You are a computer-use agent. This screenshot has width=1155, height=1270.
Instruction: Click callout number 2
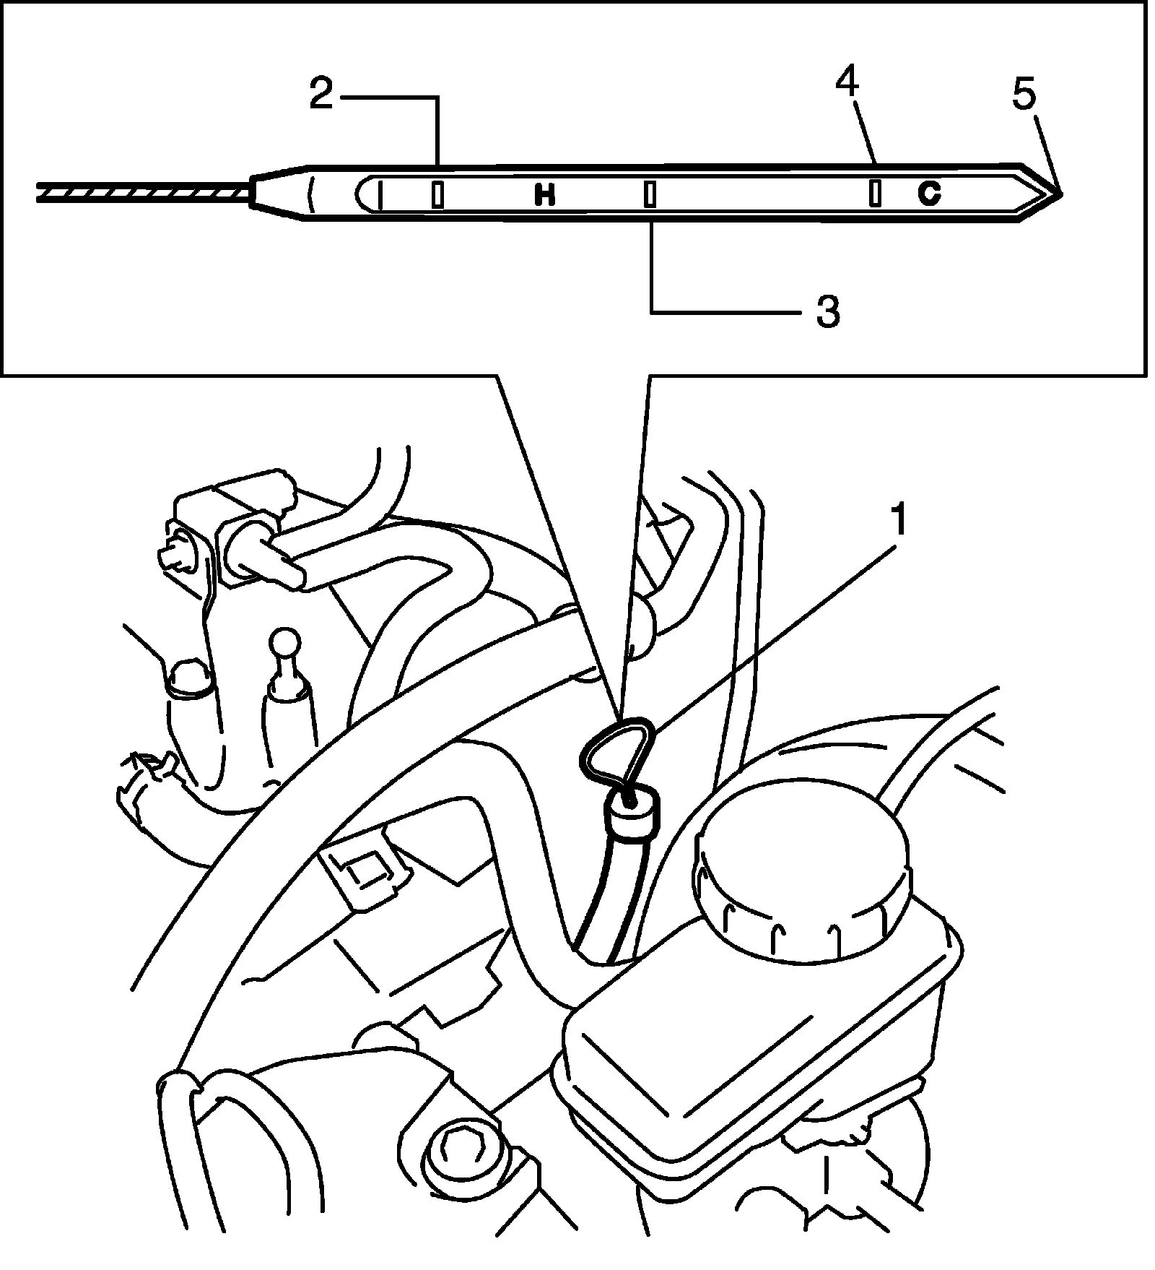coord(321,94)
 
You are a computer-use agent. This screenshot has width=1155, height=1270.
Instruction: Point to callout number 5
coord(1024,94)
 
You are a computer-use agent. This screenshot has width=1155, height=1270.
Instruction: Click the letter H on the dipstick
coord(545,194)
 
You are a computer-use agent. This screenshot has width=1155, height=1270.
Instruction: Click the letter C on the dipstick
coord(929,193)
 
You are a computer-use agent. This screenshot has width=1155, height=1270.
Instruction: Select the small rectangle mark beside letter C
coord(875,193)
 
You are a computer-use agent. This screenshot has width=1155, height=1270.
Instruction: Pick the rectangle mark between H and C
coord(650,194)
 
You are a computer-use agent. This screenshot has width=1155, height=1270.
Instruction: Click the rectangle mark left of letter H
coord(437,194)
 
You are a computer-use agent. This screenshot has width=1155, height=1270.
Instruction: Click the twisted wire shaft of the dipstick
coord(144,191)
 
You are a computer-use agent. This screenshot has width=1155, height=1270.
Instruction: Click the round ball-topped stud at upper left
coord(286,642)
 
